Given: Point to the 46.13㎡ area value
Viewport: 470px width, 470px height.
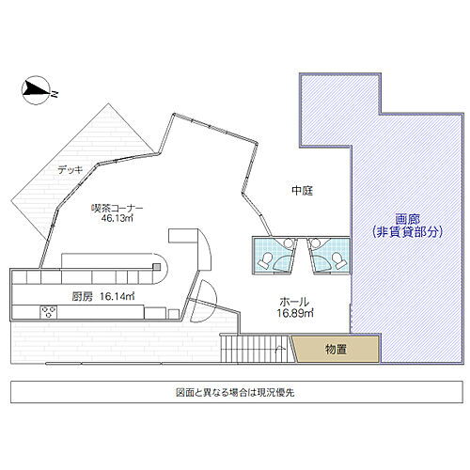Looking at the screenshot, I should (117, 219).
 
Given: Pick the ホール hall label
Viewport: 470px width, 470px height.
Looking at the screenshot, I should (290, 302).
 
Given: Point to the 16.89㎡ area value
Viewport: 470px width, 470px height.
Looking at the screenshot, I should (295, 314).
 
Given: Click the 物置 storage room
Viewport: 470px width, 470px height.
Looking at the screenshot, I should (337, 350).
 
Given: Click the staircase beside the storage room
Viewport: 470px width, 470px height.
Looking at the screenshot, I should (254, 350).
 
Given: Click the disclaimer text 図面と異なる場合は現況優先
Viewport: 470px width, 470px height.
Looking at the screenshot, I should (235, 392).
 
